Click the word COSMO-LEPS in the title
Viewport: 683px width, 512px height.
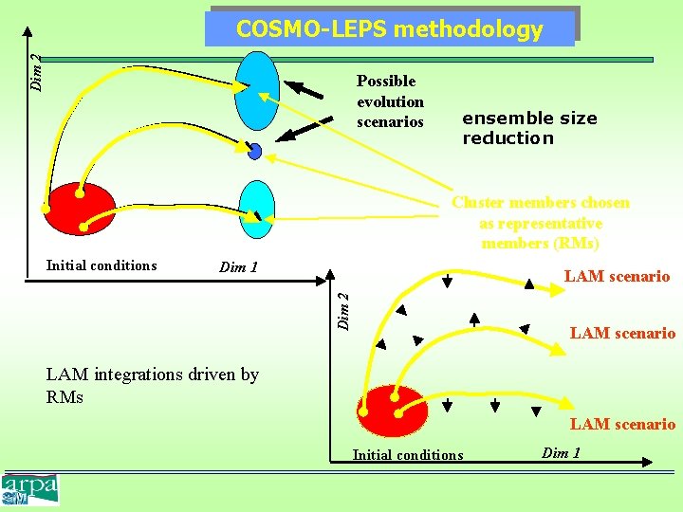tap(310, 29)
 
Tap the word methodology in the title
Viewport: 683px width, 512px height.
tap(469, 29)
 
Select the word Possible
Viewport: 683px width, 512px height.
tap(386, 82)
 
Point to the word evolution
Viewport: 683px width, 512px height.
tap(390, 101)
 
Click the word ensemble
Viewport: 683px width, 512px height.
tap(504, 119)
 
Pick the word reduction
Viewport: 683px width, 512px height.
tap(508, 138)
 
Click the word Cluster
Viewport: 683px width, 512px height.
tap(478, 203)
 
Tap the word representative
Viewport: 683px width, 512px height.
tap(541, 223)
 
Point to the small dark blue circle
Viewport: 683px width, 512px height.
tap(255, 151)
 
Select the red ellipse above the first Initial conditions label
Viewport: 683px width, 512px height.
tap(82, 208)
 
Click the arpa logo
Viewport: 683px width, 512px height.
tap(31, 488)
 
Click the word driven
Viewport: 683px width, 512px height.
tap(215, 375)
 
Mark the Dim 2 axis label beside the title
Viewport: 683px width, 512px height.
tap(35, 71)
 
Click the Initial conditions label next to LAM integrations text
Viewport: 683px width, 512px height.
tap(408, 455)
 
